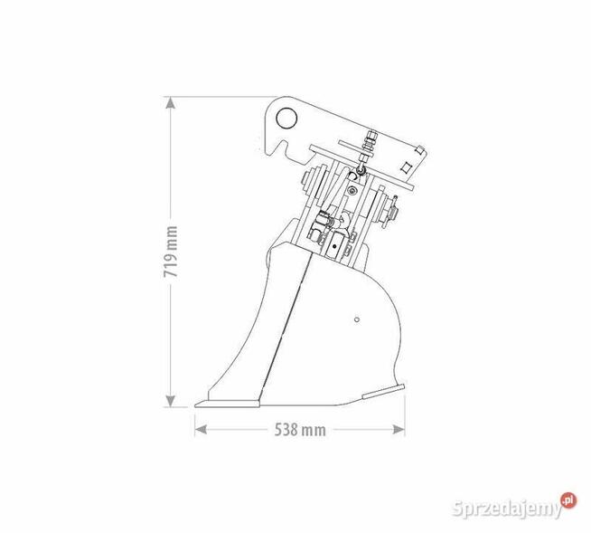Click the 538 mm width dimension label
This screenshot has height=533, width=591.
click(x=299, y=429)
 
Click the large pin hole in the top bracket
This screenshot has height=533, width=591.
click(x=288, y=118)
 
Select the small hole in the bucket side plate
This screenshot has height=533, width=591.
click(x=358, y=319)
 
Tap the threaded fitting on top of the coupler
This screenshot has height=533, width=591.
click(x=369, y=139)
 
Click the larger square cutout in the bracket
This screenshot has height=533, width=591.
click(x=407, y=166)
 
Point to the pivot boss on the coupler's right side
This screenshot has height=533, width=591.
click(x=390, y=209)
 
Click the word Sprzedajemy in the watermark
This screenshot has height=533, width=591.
click(x=507, y=509)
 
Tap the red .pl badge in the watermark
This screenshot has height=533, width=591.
click(x=568, y=500)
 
